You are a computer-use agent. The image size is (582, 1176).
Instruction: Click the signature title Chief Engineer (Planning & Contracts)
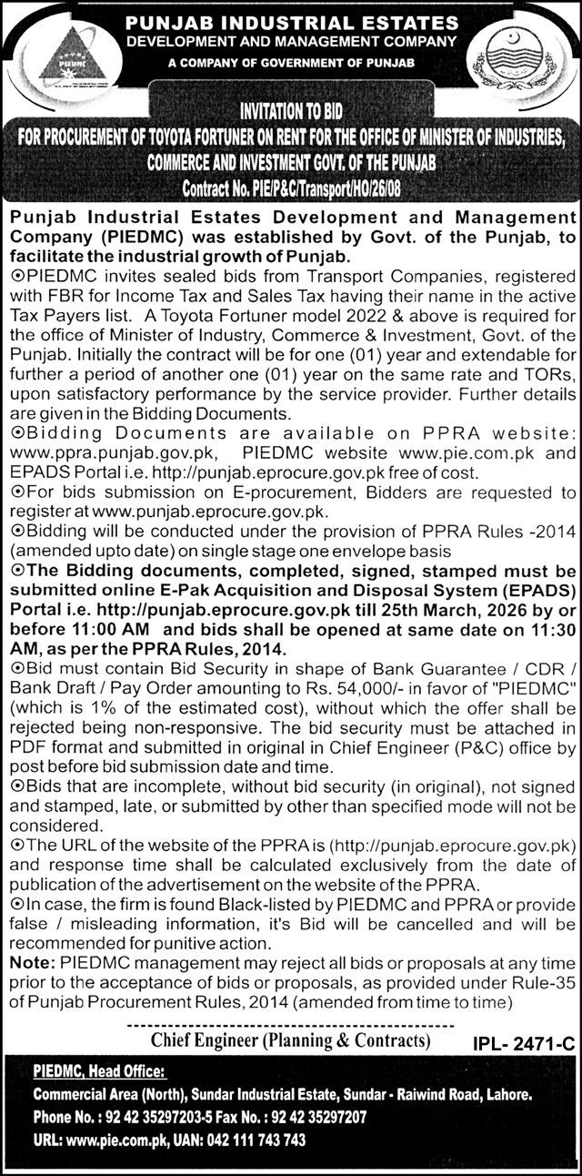[x=289, y=1039]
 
